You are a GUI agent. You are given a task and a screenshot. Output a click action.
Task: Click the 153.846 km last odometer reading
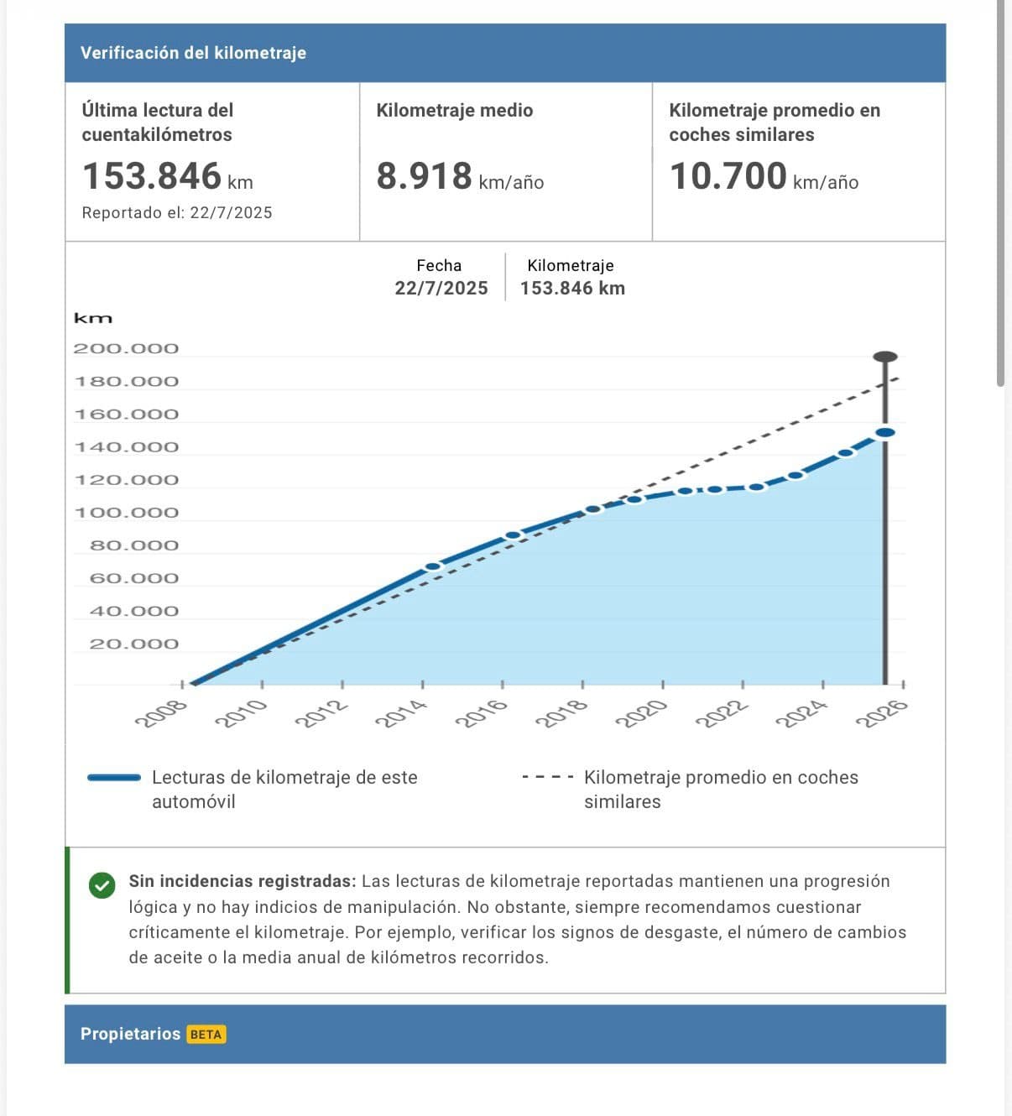tap(152, 176)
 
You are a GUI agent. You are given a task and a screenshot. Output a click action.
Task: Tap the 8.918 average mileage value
tap(424, 176)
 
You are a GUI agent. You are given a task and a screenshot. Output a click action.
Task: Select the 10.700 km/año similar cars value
tap(728, 176)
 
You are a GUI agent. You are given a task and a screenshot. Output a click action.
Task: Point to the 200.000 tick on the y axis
tap(126, 348)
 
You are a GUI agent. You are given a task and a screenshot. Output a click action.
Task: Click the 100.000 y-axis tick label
tap(126, 513)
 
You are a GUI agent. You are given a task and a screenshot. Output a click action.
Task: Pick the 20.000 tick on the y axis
tap(134, 644)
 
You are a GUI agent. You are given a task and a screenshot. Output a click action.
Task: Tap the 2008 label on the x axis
tap(161, 714)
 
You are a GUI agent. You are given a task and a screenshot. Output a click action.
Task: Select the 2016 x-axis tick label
tap(482, 714)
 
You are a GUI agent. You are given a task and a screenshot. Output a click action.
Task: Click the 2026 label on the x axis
tap(881, 714)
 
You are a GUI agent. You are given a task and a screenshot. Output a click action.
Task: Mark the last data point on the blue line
tap(884, 432)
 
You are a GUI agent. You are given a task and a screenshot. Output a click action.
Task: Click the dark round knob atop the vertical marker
tap(884, 357)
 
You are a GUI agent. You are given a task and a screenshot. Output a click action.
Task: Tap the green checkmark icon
tap(102, 885)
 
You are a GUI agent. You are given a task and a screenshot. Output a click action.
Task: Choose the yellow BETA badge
tap(206, 1035)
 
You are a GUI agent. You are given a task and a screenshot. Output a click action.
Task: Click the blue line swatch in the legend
tap(114, 778)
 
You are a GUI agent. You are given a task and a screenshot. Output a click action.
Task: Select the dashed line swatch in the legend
tap(547, 778)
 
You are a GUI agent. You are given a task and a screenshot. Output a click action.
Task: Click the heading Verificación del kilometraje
tap(193, 53)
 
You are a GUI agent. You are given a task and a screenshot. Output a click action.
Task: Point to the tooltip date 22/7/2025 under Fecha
tap(441, 289)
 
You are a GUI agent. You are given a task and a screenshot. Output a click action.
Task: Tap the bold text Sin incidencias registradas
tap(242, 881)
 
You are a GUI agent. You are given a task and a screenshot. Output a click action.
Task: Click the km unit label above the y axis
tap(92, 319)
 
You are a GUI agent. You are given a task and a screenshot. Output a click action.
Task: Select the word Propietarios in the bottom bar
tap(130, 1034)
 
